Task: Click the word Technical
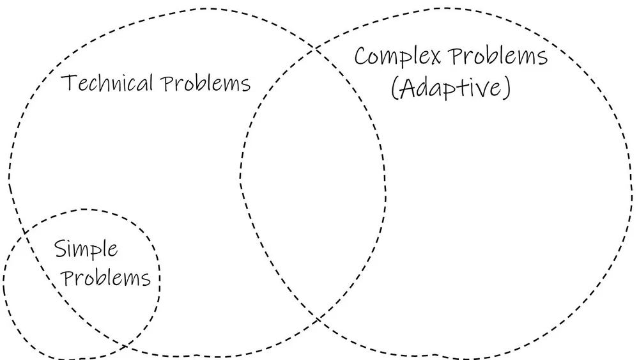point(107,84)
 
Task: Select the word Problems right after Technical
point(206,84)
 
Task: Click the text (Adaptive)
point(451,89)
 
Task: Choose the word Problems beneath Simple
point(107,279)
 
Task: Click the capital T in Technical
point(66,84)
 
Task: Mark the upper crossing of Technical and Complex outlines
point(314,49)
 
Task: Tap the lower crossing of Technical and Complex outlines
point(318,317)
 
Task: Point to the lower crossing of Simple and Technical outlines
point(126,346)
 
